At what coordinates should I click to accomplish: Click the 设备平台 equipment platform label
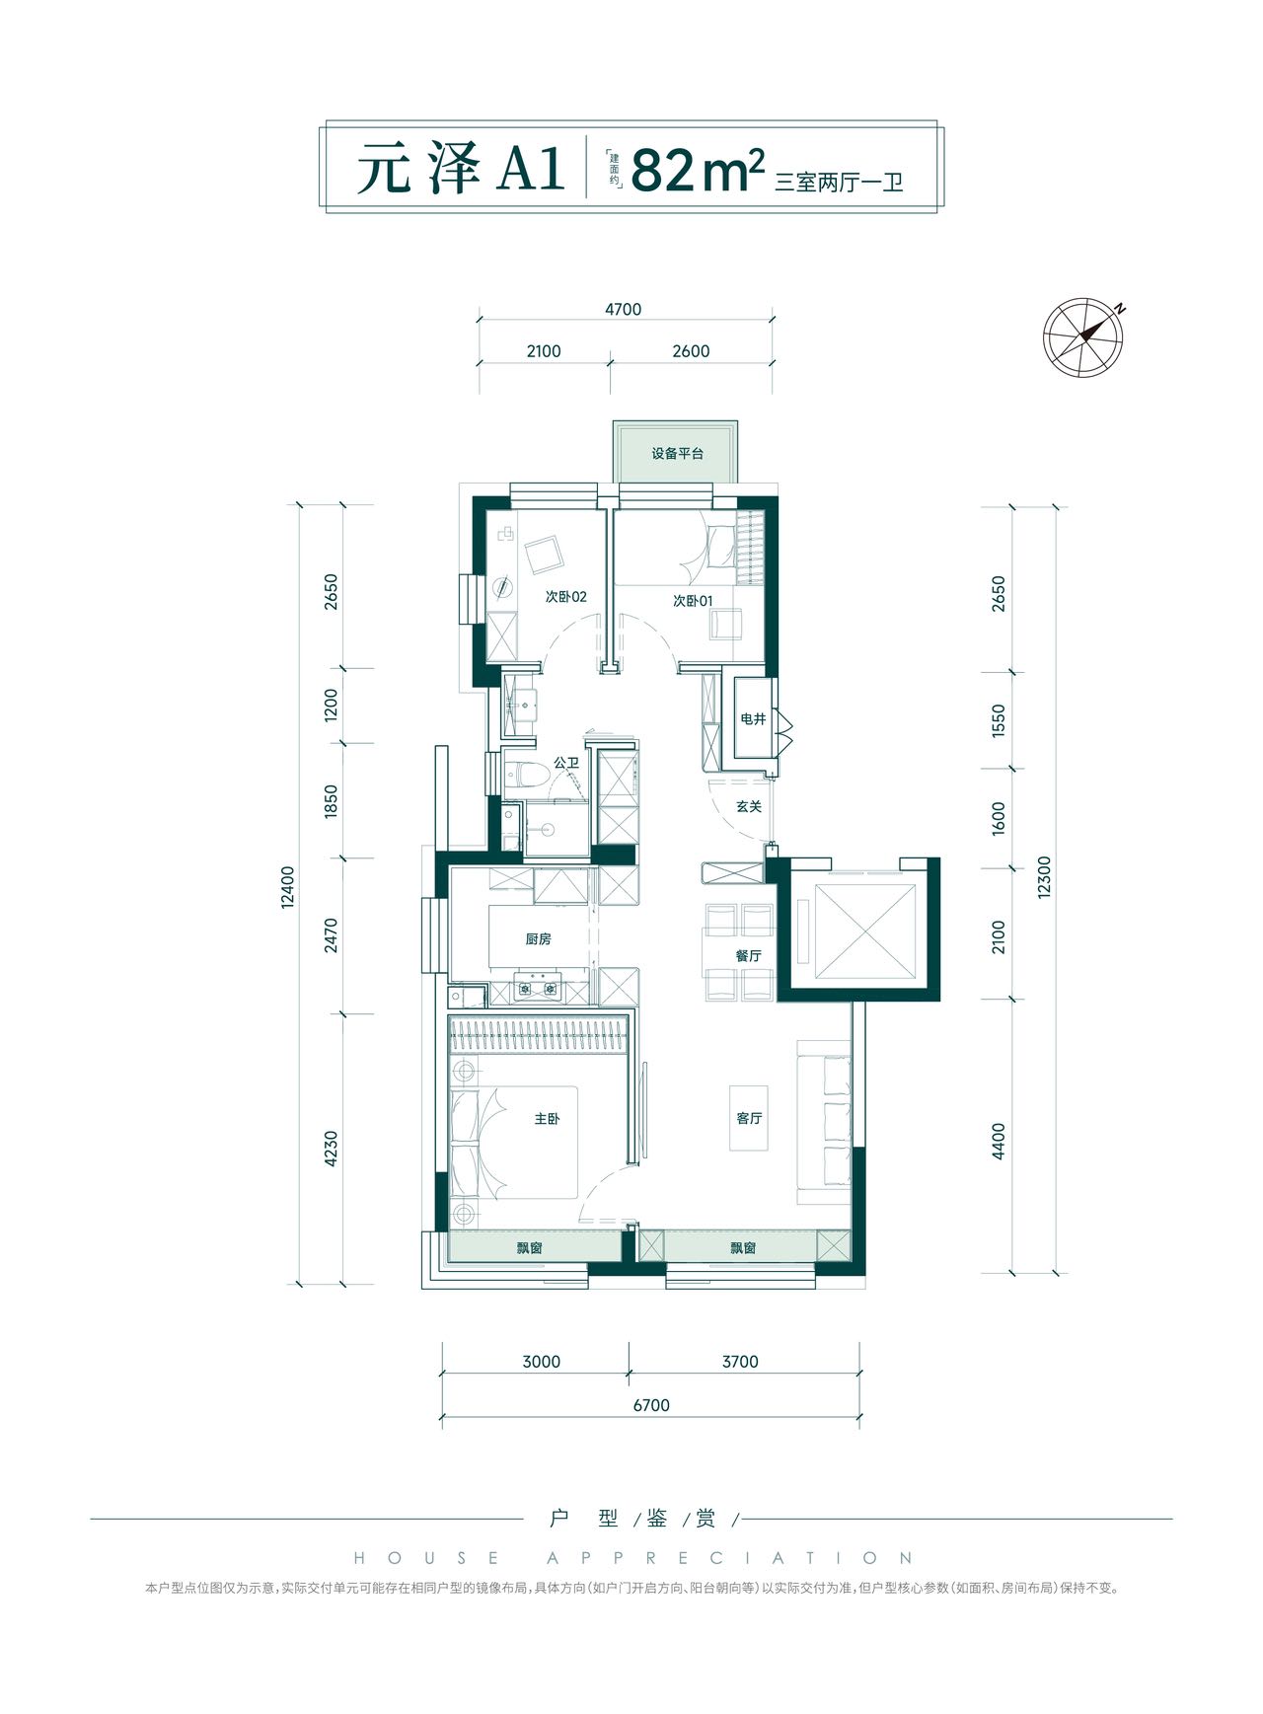pos(677,454)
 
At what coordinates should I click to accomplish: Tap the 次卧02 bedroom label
pos(565,597)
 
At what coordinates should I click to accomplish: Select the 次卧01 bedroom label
pos(692,600)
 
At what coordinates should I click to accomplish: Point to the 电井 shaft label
pos(753,719)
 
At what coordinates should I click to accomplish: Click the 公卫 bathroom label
pos(566,763)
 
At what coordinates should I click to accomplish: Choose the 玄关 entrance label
pos(749,806)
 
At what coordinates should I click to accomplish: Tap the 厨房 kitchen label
pos(538,938)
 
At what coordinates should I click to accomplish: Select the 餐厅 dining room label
pos(748,955)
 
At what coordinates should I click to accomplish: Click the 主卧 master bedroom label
pos(547,1118)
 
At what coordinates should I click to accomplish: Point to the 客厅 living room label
pos(749,1118)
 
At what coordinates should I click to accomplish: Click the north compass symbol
pos(1084,335)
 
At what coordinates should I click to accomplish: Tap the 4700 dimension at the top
pos(624,309)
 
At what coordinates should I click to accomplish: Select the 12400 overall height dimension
pos(287,887)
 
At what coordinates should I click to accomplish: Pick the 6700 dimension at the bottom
pos(651,1405)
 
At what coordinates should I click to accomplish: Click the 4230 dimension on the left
pos(331,1149)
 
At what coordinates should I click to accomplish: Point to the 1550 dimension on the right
pos(999,721)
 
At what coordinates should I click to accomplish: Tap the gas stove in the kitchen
pos(538,987)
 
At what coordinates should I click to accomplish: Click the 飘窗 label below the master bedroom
pos(530,1247)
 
